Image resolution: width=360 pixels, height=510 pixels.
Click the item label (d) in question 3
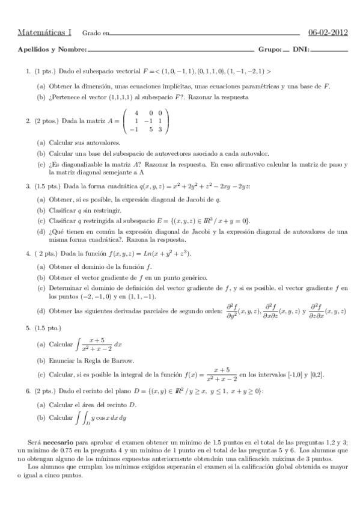[40, 231]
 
